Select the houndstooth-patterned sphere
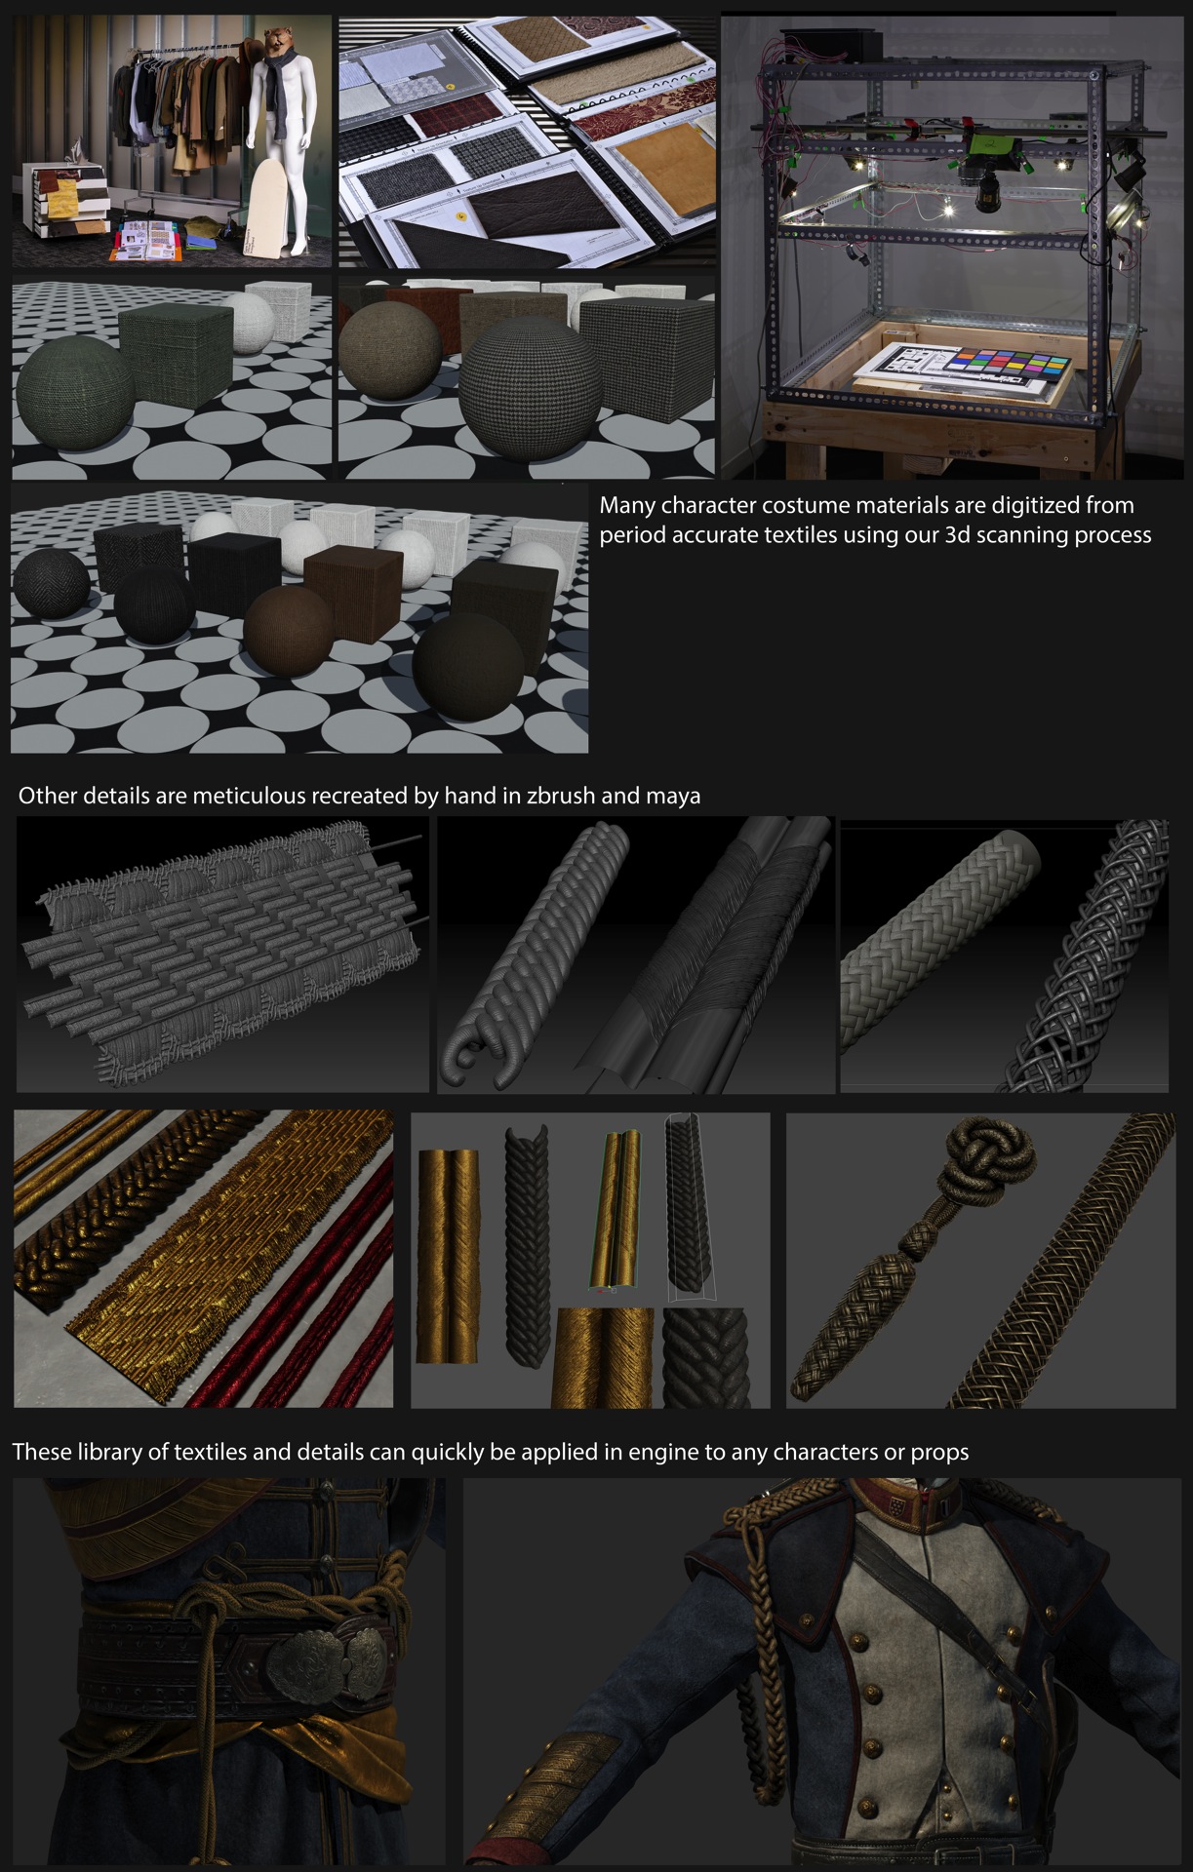tap(523, 384)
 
